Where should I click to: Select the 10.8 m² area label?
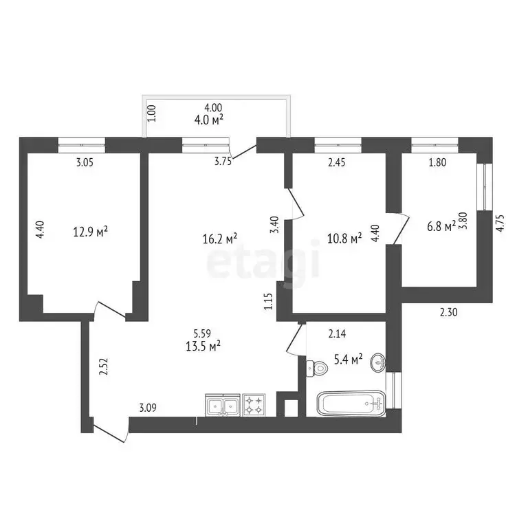coord(346,239)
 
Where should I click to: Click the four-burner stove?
coord(254,404)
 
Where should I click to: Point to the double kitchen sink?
coord(222,404)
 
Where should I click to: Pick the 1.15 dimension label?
coord(270,303)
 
